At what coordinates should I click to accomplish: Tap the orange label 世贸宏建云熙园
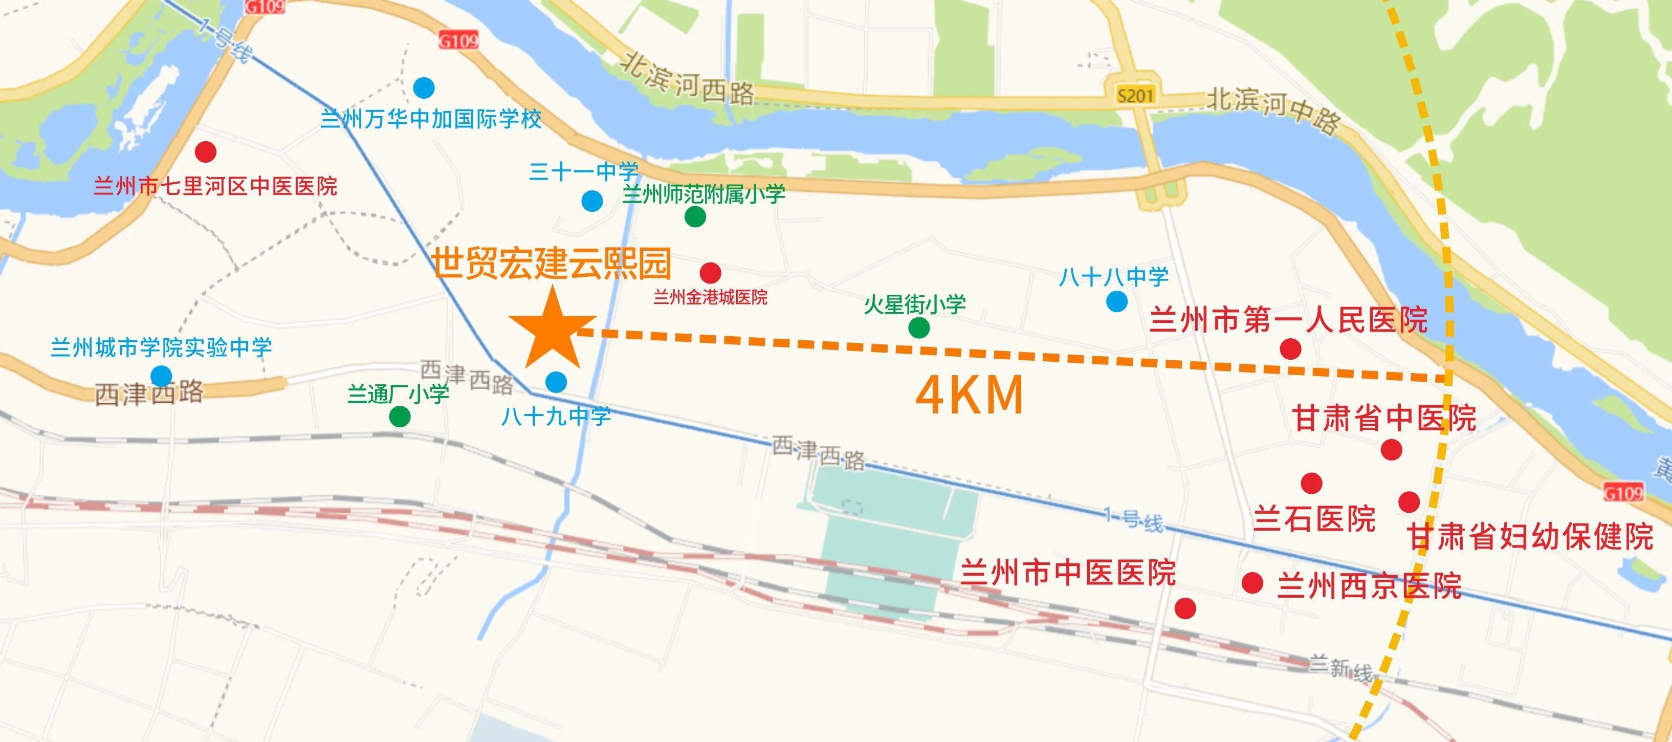click(x=552, y=263)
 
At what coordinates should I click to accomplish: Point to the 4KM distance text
click(x=970, y=396)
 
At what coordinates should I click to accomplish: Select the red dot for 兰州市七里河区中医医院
click(x=206, y=152)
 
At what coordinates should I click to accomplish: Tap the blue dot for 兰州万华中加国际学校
click(x=424, y=87)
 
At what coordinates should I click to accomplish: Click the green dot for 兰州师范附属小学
click(x=695, y=217)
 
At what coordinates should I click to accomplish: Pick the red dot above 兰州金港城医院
click(x=711, y=273)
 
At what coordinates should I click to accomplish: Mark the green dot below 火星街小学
click(x=919, y=328)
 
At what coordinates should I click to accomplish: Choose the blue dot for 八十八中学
click(x=1117, y=301)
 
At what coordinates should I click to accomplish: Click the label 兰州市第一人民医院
click(x=1288, y=320)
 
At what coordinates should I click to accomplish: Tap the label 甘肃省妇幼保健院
click(x=1530, y=537)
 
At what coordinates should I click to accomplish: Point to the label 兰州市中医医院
click(x=1068, y=573)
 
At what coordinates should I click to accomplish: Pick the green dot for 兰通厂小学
click(x=400, y=416)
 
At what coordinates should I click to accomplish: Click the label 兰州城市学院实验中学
click(x=161, y=348)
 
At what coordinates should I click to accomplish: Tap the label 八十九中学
click(x=556, y=416)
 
